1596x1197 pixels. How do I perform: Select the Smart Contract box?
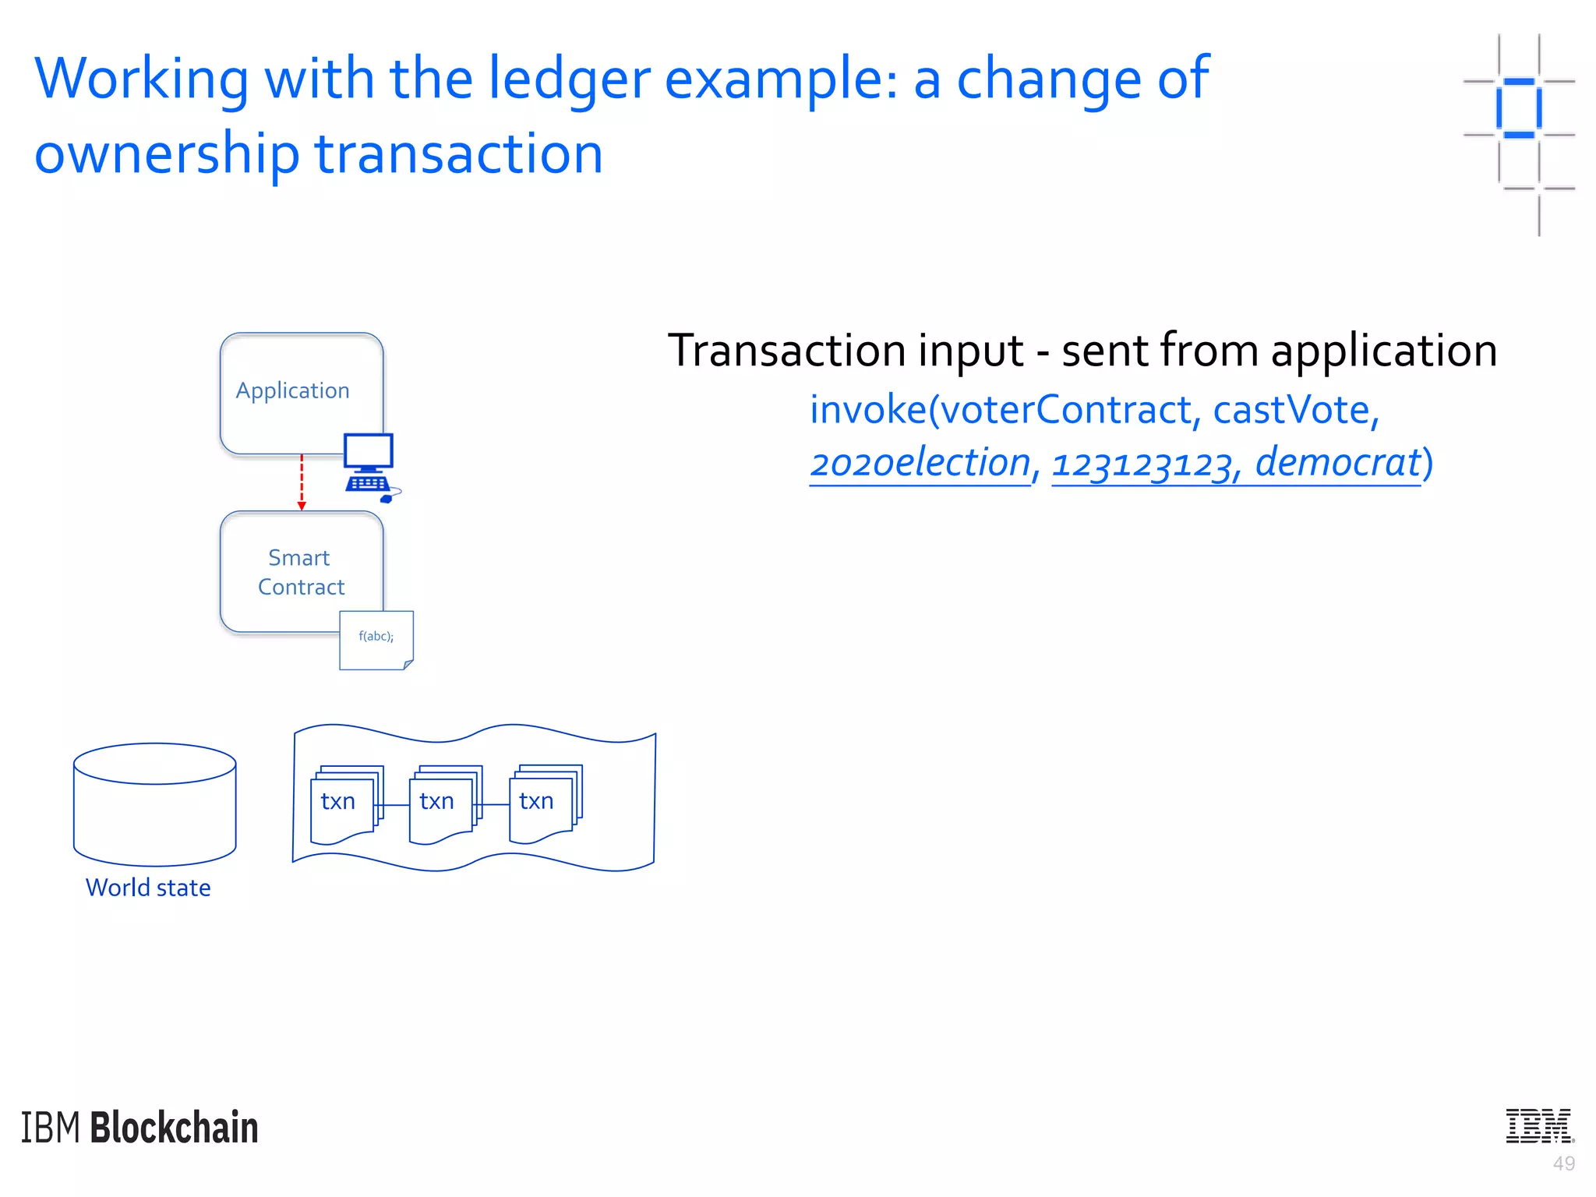(301, 572)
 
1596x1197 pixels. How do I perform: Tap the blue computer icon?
(369, 465)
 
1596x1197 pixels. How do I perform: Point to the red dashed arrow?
(302, 482)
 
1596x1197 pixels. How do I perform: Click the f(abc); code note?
(376, 640)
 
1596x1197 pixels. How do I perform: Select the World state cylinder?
(154, 804)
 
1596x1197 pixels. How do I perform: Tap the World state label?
(148, 888)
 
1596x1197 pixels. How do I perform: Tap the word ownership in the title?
(167, 154)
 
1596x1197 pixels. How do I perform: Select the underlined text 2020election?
(920, 463)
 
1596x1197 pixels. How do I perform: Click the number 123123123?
(1142, 464)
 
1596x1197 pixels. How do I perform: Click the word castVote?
(1291, 410)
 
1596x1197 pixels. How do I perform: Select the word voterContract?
(1065, 410)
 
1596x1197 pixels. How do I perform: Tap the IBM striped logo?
(1539, 1125)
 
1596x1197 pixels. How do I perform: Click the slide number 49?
(1563, 1163)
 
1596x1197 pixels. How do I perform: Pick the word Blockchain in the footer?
(175, 1128)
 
